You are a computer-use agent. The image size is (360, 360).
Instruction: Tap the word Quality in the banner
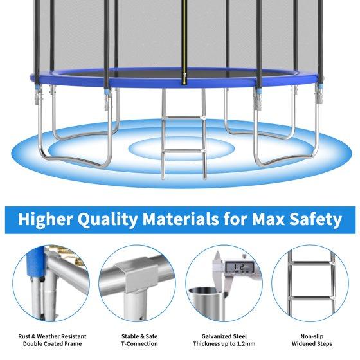pyautogui.click(x=107, y=220)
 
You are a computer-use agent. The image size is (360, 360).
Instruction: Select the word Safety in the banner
pyautogui.click(x=316, y=220)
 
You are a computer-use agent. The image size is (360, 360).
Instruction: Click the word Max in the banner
pyautogui.click(x=268, y=219)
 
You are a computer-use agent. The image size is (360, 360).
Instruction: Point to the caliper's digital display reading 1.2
pyautogui.click(x=239, y=267)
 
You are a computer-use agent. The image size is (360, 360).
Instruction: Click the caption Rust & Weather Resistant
pyautogui.click(x=52, y=336)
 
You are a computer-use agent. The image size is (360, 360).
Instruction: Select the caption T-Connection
pyautogui.click(x=139, y=344)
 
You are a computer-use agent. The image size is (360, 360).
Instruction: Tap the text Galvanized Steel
pyautogui.click(x=224, y=336)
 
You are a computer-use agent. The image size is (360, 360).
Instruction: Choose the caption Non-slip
pyautogui.click(x=312, y=336)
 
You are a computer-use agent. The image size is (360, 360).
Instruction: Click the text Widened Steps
pyautogui.click(x=312, y=344)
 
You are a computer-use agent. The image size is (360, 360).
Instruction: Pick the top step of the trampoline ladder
pyautogui.click(x=184, y=118)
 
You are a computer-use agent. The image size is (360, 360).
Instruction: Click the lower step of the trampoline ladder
pyautogui.click(x=184, y=151)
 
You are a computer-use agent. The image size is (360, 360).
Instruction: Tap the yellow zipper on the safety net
pyautogui.click(x=184, y=42)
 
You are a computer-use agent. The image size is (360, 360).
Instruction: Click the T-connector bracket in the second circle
pyautogui.click(x=136, y=275)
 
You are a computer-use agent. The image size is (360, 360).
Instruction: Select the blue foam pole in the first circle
pyautogui.click(x=35, y=262)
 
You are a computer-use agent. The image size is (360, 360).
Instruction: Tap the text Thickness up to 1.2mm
pyautogui.click(x=224, y=344)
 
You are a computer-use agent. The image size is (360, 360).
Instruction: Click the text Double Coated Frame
pyautogui.click(x=52, y=344)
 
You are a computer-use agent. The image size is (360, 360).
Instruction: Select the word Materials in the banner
pyautogui.click(x=181, y=219)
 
